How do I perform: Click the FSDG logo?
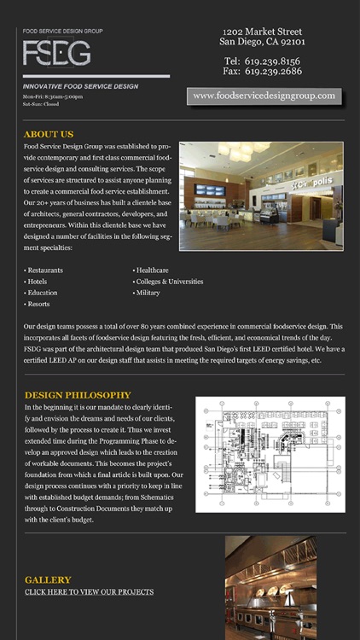point(57,54)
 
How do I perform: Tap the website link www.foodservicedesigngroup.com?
point(264,96)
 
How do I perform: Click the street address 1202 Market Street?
point(263,31)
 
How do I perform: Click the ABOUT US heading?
point(49,135)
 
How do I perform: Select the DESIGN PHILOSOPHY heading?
point(78,395)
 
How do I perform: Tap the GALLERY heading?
point(48,579)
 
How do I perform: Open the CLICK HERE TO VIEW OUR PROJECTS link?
point(90,591)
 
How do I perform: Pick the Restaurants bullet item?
point(44,270)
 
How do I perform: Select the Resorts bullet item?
point(38,304)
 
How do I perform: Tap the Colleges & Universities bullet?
point(169,281)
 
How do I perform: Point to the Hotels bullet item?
point(38,281)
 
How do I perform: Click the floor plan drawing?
point(270,454)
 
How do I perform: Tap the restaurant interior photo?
point(261,196)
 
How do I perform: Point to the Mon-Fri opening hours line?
point(53,96)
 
